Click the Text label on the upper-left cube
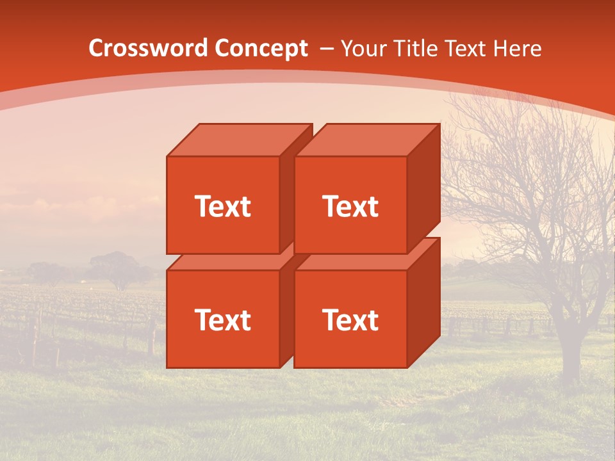[222, 206]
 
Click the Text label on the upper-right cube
[350, 206]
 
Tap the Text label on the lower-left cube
[222, 319]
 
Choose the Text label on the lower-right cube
[350, 319]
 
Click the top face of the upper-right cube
[366, 140]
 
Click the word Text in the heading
[467, 49]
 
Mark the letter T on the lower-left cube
[202, 319]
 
